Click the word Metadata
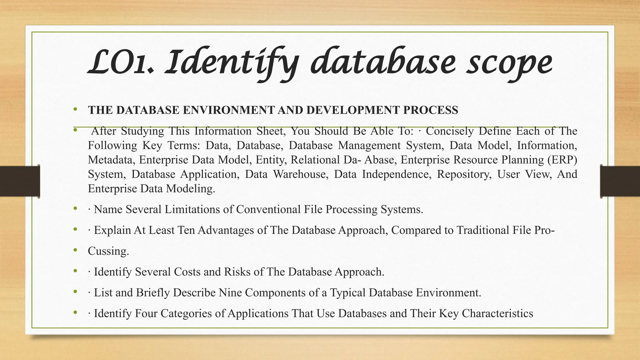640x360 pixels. (112, 160)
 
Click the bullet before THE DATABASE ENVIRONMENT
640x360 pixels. (75, 109)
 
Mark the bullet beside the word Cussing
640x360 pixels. (75, 250)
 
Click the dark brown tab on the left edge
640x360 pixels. (20, 181)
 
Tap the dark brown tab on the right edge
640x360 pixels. (620, 181)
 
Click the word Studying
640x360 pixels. (142, 131)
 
